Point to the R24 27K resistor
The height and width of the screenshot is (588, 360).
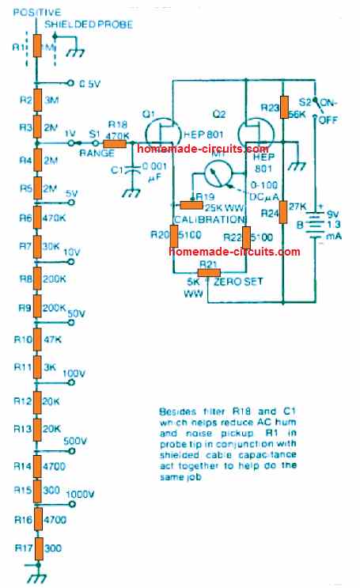[x=282, y=213]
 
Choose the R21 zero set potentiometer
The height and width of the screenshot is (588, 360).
[x=207, y=274]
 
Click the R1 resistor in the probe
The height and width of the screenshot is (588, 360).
[x=35, y=47]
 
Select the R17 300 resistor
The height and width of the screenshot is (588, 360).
[x=35, y=548]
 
